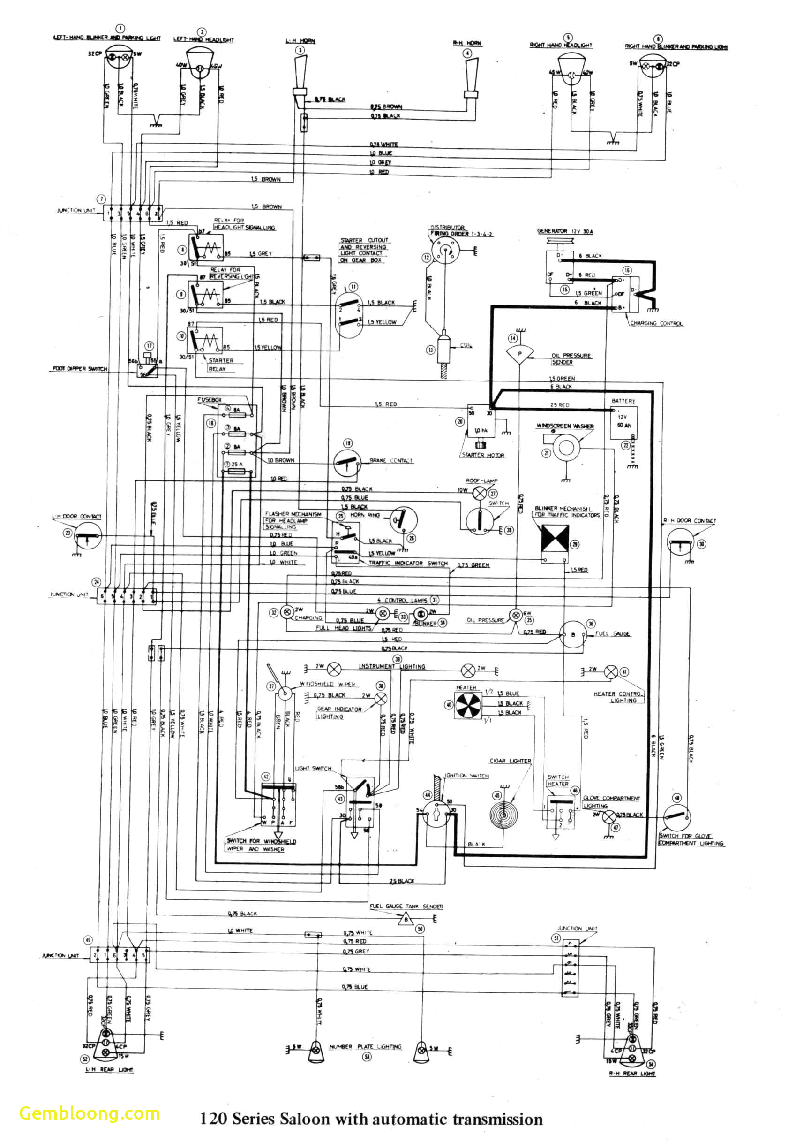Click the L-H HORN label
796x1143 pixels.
(300, 41)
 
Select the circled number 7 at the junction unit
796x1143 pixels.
(101, 198)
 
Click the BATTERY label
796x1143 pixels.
(623, 401)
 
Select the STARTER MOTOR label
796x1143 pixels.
(483, 455)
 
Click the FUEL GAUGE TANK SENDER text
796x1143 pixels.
(406, 907)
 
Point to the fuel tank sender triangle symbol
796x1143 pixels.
(406, 920)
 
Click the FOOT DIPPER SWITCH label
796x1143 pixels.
(80, 369)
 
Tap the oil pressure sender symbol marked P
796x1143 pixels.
(519, 354)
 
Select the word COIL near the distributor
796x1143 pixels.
(466, 345)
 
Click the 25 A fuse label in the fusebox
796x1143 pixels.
(237, 464)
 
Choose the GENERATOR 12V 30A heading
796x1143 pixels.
(565, 231)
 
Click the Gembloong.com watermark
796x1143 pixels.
(90, 1113)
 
